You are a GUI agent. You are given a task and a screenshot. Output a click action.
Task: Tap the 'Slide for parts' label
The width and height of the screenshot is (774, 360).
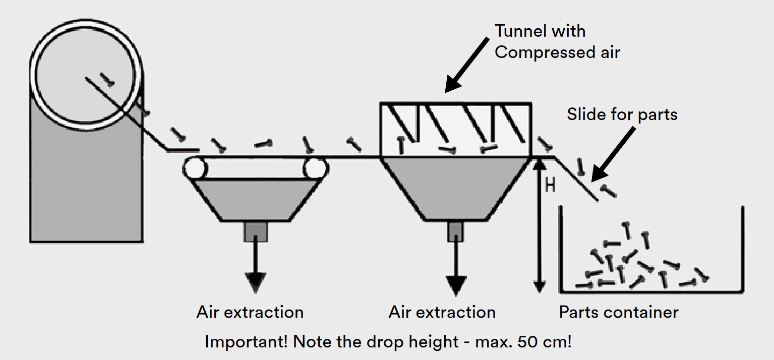(x=622, y=114)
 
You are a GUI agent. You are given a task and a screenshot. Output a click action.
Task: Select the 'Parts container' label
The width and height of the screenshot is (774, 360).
(x=618, y=312)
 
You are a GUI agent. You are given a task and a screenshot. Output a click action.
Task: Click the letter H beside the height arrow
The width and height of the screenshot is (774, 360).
(x=550, y=186)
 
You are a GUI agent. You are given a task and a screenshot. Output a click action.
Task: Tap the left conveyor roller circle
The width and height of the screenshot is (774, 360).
(x=194, y=167)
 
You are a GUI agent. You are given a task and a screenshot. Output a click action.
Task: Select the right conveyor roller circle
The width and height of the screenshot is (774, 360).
(x=316, y=167)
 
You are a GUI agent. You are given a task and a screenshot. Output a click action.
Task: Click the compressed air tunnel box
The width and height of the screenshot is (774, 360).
(x=455, y=130)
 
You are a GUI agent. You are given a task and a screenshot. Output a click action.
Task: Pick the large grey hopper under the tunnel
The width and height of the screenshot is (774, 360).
(x=455, y=187)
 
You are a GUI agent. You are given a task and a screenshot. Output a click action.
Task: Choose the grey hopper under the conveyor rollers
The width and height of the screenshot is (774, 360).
(x=256, y=199)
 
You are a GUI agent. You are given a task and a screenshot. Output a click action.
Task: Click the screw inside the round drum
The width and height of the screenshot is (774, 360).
(x=106, y=78)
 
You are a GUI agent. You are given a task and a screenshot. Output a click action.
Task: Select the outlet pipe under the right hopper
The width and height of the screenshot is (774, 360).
(x=455, y=231)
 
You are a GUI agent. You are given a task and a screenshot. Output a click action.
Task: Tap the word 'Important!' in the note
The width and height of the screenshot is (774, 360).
(x=246, y=342)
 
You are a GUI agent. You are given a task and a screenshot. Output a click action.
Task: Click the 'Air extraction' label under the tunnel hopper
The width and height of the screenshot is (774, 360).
(x=442, y=312)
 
